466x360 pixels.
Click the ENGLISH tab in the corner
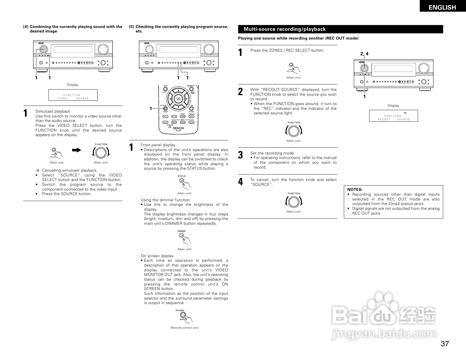(x=442, y=7)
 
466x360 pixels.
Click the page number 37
(x=445, y=344)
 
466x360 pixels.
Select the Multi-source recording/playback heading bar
(x=340, y=29)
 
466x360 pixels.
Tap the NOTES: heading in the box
(x=355, y=189)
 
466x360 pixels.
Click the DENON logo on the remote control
(x=179, y=128)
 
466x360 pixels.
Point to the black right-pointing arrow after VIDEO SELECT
(x=76, y=150)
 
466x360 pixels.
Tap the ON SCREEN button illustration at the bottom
(x=183, y=316)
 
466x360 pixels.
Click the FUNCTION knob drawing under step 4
(x=294, y=202)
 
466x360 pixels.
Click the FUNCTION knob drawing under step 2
(x=294, y=131)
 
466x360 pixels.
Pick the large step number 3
(x=240, y=155)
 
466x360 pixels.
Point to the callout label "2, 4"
(x=364, y=54)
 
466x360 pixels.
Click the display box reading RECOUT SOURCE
(x=394, y=116)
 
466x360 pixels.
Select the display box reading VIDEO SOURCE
(x=73, y=95)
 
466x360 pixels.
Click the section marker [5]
(x=131, y=27)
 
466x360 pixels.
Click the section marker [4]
(x=26, y=27)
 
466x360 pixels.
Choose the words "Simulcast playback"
(x=53, y=111)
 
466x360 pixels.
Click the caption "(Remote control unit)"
(x=184, y=328)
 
